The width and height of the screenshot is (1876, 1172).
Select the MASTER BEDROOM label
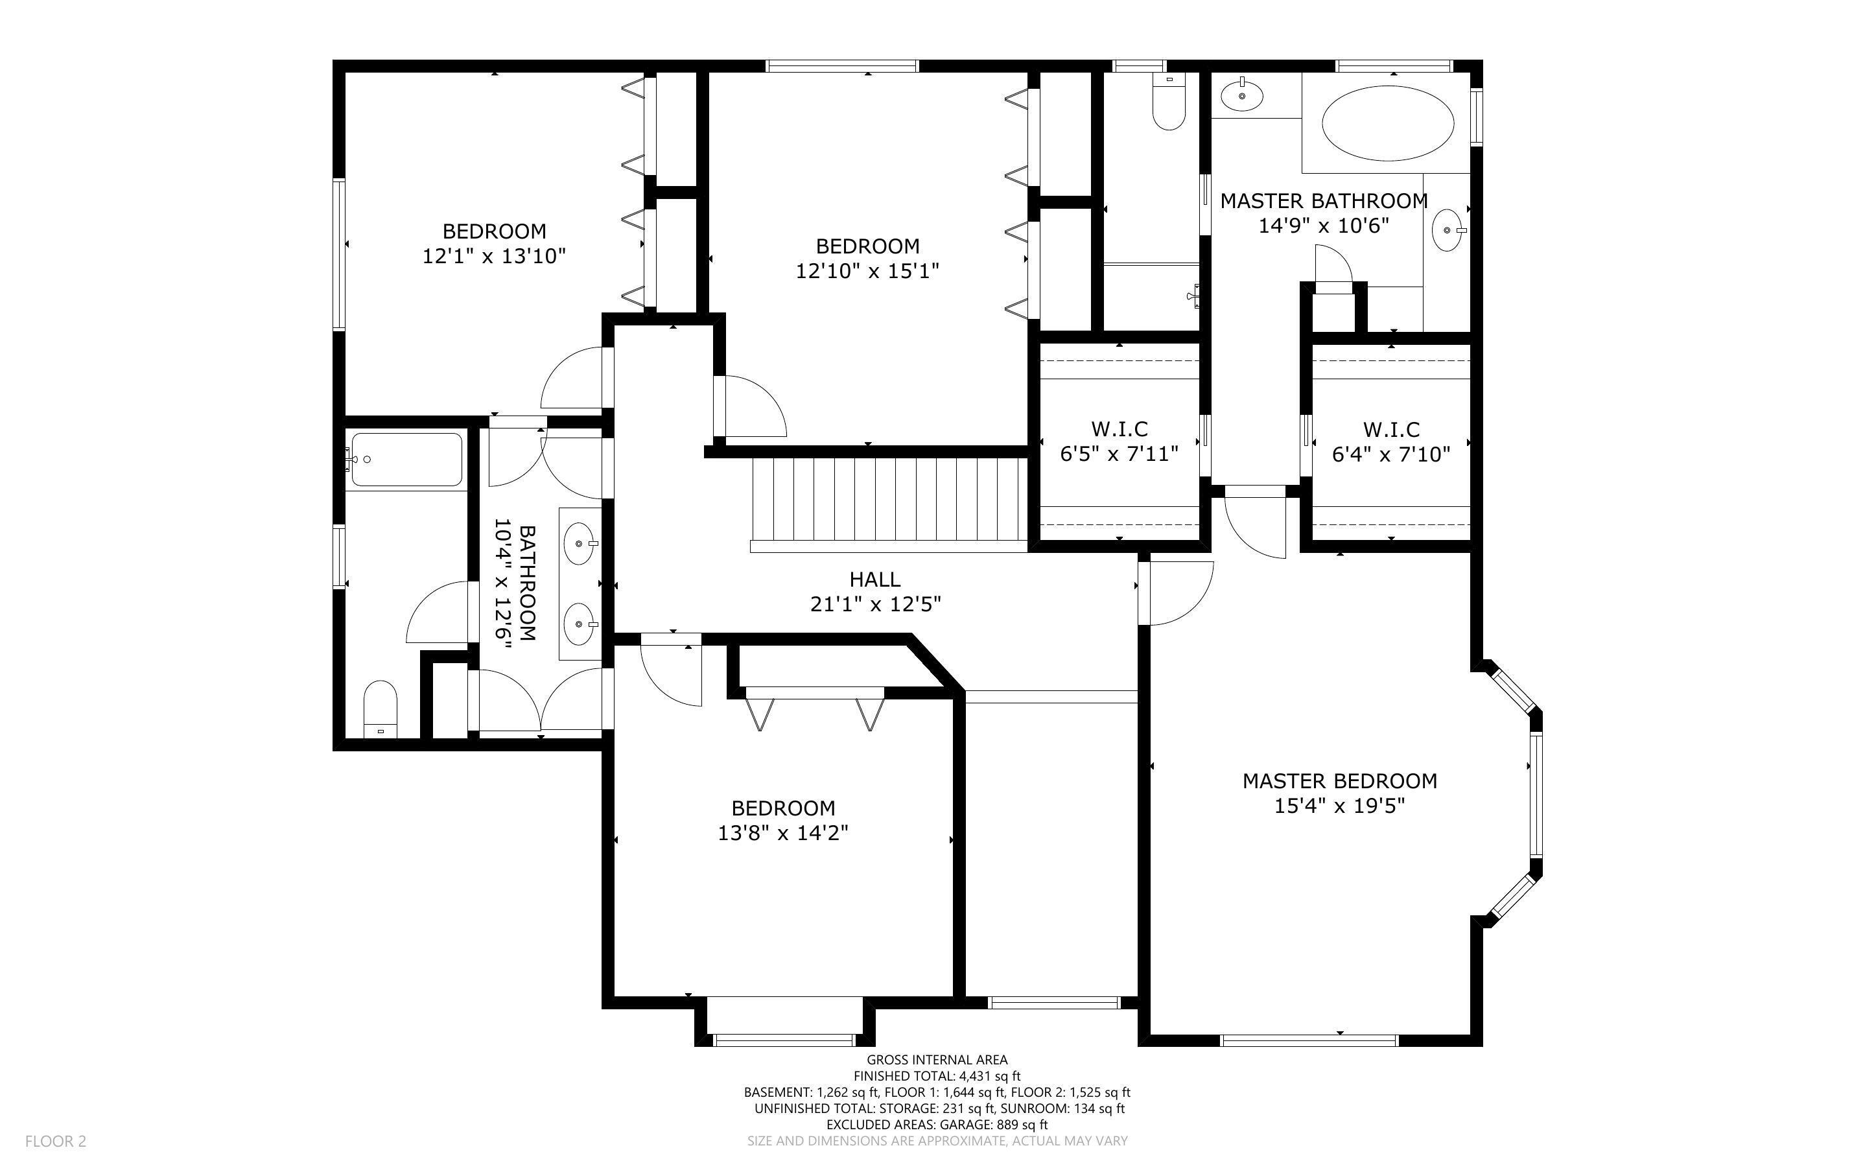pos(1340,781)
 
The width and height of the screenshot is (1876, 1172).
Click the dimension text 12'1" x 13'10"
pos(495,257)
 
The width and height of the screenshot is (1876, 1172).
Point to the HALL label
pos(875,580)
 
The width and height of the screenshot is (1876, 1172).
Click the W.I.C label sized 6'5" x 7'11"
pos(1119,429)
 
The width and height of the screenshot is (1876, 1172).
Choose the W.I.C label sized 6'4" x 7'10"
pos(1391,429)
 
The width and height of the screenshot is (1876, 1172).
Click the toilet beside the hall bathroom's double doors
pos(381,709)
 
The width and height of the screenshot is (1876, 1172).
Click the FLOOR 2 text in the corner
pos(56,1141)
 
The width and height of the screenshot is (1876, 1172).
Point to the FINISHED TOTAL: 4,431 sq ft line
pos(937,1076)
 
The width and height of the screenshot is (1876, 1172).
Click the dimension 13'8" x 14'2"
pos(782,833)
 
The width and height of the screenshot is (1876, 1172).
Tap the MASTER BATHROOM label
pos(1324,202)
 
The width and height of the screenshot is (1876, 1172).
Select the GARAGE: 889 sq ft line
pos(937,1125)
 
